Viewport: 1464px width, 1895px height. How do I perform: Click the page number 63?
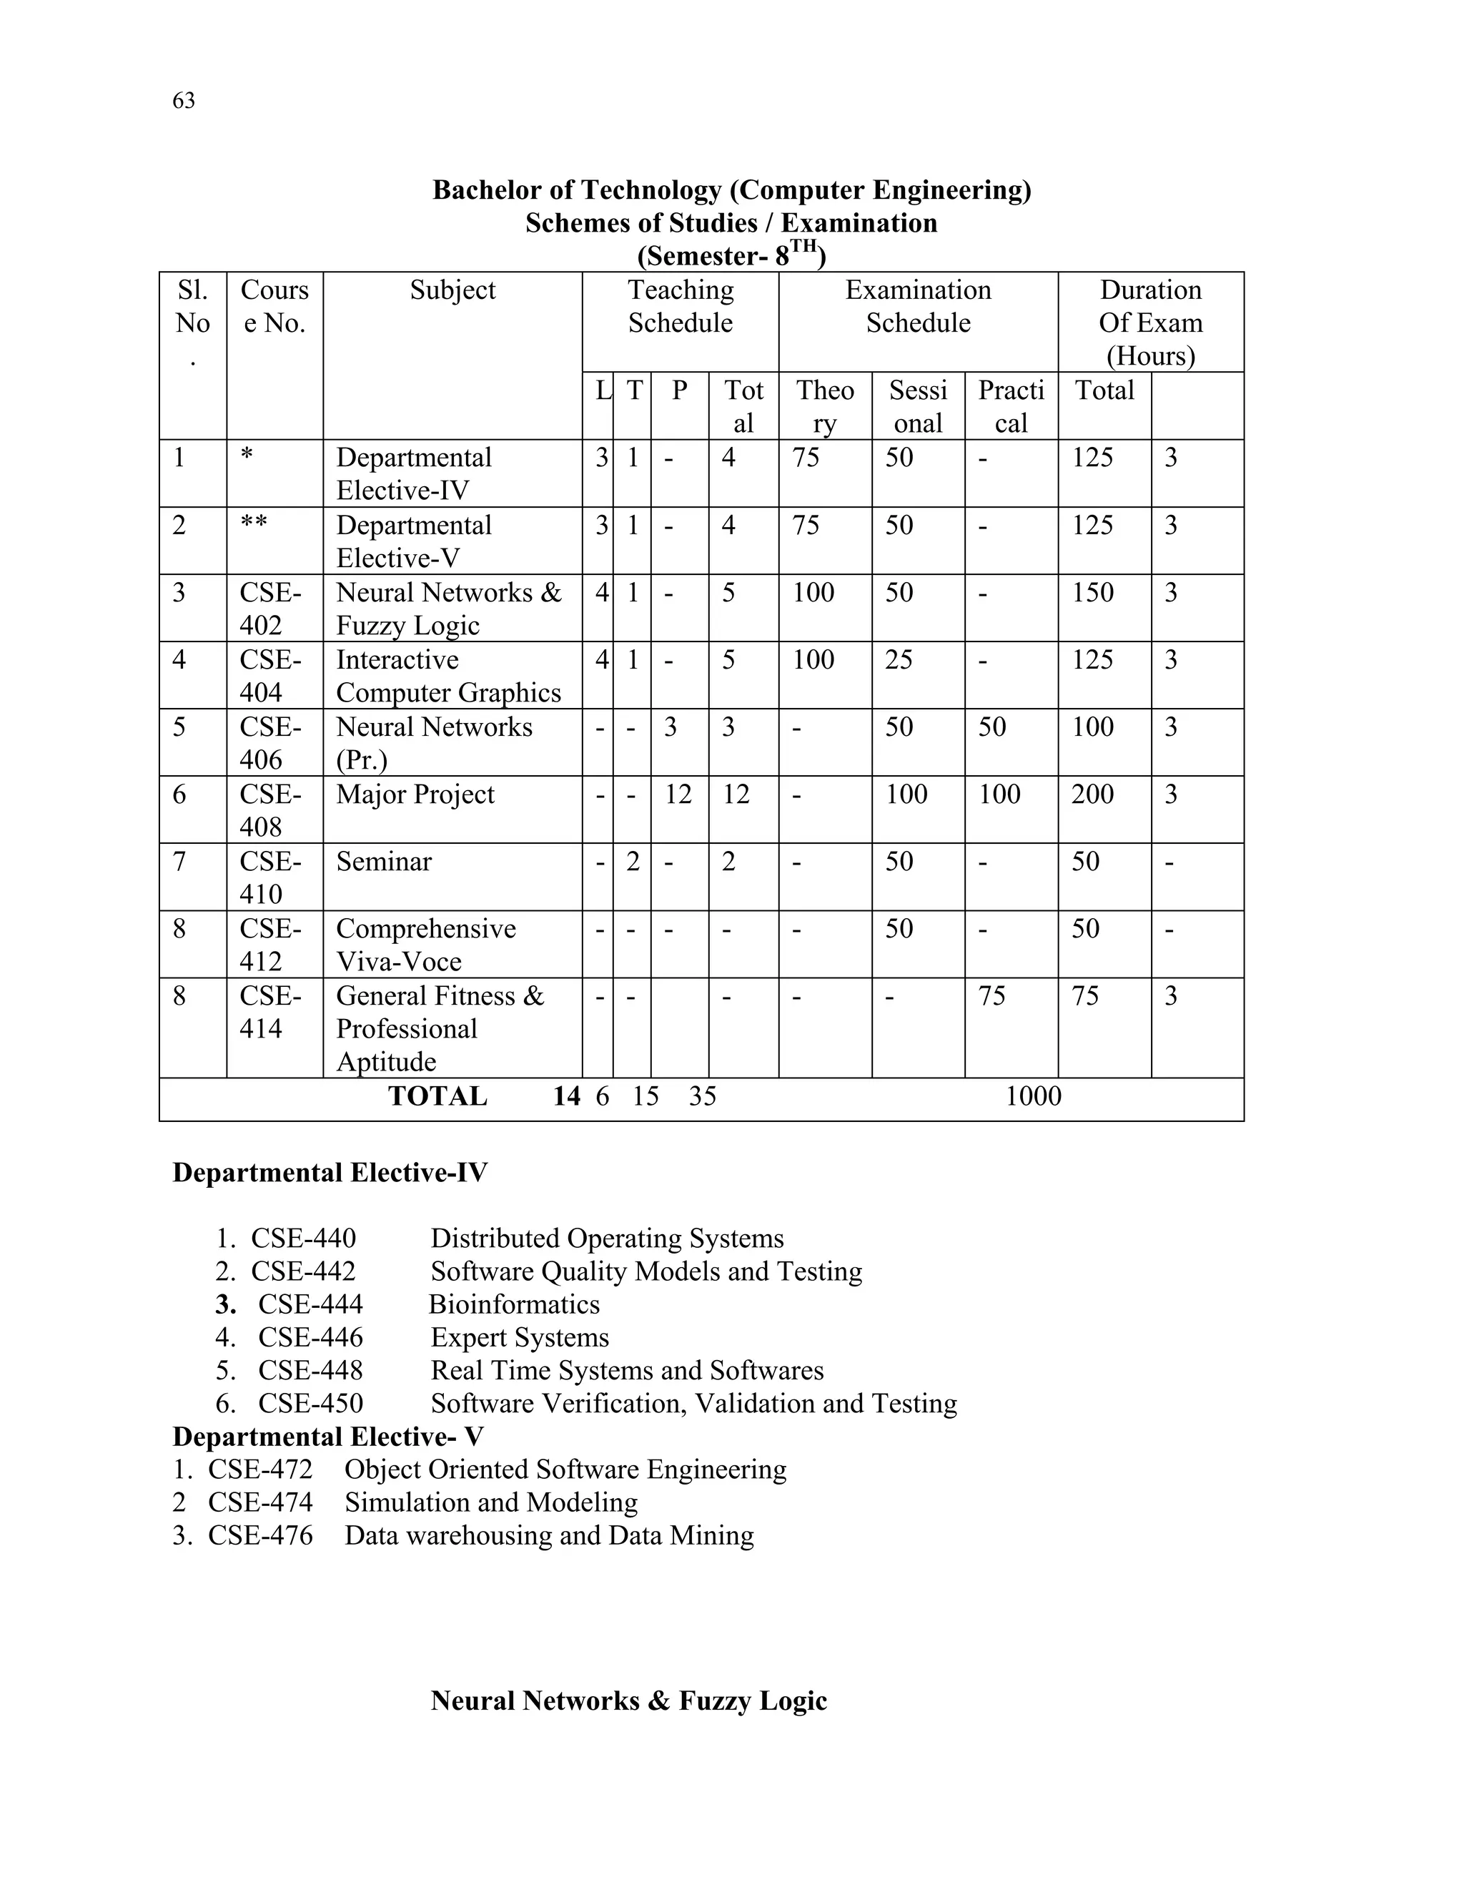[184, 102]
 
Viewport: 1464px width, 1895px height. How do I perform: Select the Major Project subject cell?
[415, 794]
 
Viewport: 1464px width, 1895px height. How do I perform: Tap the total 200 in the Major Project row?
[1093, 794]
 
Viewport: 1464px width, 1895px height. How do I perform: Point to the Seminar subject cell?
[383, 862]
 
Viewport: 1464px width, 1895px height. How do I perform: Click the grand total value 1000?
[1033, 1097]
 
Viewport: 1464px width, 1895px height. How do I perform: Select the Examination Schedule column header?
[918, 306]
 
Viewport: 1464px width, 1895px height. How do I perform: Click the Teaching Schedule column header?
[680, 306]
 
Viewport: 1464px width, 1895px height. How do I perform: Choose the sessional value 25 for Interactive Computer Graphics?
[899, 660]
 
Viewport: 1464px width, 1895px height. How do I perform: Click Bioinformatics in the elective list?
[514, 1305]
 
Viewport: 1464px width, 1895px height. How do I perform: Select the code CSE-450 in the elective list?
[310, 1404]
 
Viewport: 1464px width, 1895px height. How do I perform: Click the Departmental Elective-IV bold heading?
[330, 1173]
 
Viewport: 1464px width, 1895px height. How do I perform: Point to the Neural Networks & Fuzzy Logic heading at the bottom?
[629, 1700]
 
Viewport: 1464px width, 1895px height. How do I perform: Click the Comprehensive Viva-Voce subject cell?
[425, 945]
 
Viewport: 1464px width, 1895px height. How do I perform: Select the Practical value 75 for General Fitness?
[991, 996]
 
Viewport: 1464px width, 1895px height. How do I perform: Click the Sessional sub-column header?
[918, 407]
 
